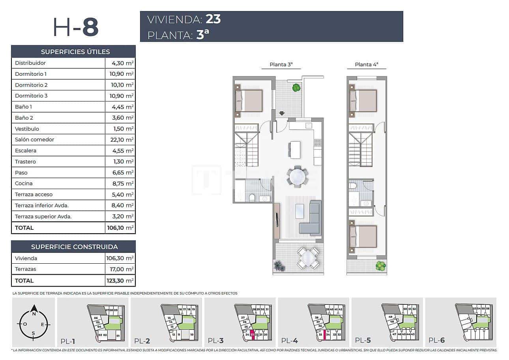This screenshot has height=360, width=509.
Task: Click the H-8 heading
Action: (x=75, y=27)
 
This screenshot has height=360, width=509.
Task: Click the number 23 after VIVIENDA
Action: (x=213, y=19)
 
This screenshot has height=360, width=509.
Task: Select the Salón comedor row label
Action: (x=34, y=140)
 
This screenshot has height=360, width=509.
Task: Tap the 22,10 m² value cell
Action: (x=120, y=140)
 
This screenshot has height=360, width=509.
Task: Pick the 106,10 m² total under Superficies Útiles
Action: (x=120, y=228)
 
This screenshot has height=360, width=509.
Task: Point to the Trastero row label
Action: (x=25, y=161)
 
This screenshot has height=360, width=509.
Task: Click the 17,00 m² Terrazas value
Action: (x=120, y=269)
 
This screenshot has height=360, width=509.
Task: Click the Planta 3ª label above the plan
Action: (x=281, y=65)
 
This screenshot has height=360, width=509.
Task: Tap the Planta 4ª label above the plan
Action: (x=366, y=65)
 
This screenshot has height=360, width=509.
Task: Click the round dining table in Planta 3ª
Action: (x=297, y=177)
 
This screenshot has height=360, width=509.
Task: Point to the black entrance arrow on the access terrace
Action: (x=281, y=114)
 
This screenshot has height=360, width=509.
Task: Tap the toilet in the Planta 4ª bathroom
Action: (x=353, y=186)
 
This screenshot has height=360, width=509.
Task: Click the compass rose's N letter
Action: (x=34, y=314)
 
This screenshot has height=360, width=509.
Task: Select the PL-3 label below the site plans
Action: (x=215, y=341)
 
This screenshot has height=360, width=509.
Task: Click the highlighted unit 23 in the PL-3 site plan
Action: (x=252, y=334)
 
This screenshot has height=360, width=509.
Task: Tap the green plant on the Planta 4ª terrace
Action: (x=380, y=266)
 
